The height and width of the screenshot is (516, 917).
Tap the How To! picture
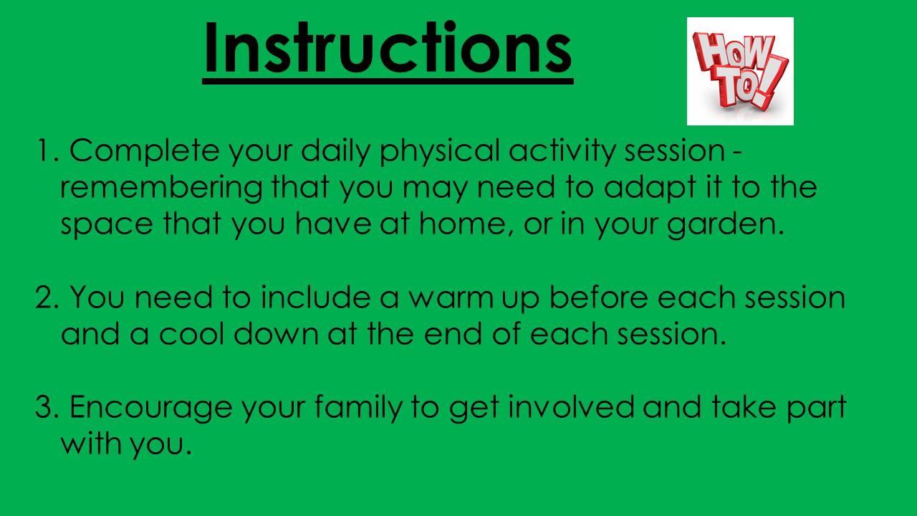(740, 71)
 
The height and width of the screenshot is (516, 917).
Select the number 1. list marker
(48, 150)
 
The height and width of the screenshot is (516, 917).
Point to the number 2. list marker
(47, 297)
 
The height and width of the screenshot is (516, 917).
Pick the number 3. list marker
(47, 407)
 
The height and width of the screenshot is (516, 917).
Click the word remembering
(161, 188)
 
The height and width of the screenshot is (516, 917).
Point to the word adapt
(650, 188)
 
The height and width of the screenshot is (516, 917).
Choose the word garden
(726, 225)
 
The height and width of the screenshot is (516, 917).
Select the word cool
(191, 334)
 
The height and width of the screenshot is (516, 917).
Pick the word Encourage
(150, 408)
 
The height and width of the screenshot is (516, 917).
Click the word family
(358, 408)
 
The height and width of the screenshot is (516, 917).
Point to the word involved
(571, 407)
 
